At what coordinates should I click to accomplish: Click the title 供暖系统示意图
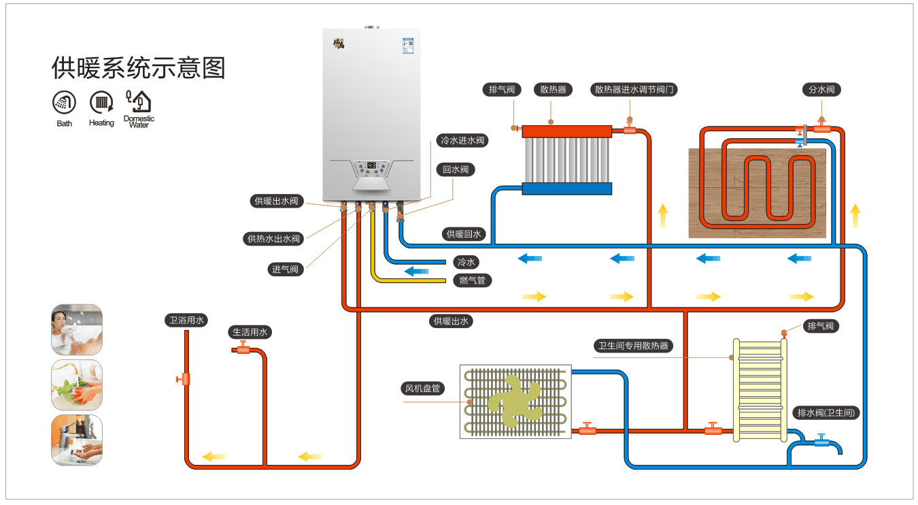[x=138, y=68]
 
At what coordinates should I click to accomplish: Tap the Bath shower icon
[x=64, y=103]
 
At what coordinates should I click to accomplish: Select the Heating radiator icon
[x=101, y=103]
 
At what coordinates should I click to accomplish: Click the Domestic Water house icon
[x=139, y=101]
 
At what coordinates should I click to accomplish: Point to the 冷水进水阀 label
[x=462, y=141]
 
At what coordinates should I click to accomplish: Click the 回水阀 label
[x=455, y=169]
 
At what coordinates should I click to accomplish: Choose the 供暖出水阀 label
[x=276, y=201]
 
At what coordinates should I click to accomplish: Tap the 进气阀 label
[x=286, y=270]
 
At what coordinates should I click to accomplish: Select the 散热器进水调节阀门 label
[x=635, y=89]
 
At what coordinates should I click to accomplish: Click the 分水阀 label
[x=821, y=89]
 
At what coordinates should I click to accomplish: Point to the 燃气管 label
[x=472, y=280]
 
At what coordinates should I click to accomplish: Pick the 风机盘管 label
[x=422, y=389]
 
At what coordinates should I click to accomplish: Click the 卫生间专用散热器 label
[x=633, y=346]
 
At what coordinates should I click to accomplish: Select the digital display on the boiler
[x=372, y=165]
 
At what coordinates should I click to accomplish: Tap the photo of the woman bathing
[x=77, y=329]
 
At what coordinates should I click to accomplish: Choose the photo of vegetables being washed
[x=77, y=385]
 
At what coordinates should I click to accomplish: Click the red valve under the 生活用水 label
[x=242, y=350]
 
